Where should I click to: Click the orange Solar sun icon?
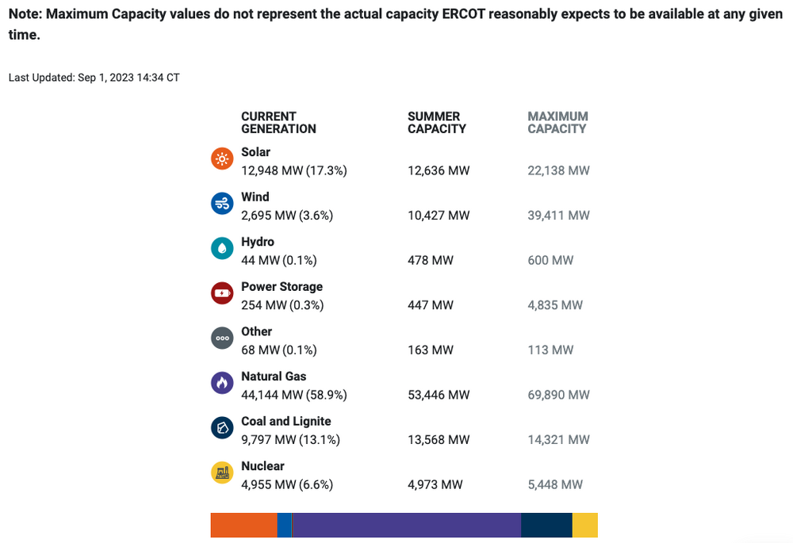click(222, 159)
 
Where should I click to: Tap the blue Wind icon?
click(222, 204)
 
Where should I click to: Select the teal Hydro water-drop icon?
click(222, 249)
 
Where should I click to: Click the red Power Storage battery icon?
click(222, 293)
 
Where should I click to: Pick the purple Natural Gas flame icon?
click(222, 384)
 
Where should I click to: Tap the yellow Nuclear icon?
click(222, 473)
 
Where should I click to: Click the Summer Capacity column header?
click(437, 122)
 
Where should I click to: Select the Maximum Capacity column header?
click(557, 122)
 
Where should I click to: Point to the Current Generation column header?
click(278, 122)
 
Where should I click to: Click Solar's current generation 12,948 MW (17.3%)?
click(294, 170)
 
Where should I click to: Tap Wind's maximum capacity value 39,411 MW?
click(558, 215)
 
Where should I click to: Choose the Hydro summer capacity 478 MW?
click(431, 260)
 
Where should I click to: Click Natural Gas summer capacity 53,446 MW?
click(439, 395)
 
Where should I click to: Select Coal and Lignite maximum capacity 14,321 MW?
click(558, 440)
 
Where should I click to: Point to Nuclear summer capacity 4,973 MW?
click(435, 484)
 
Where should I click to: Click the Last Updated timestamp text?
click(94, 78)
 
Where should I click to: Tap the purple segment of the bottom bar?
click(407, 525)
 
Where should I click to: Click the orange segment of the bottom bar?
click(243, 525)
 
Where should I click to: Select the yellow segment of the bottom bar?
click(585, 525)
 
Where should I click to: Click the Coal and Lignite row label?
click(286, 421)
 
